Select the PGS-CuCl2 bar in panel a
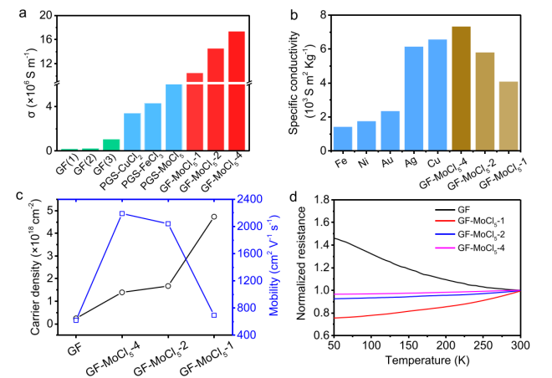tap(132, 132)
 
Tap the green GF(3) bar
tap(111, 145)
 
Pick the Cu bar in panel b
tap(437, 95)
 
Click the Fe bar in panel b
tap(343, 139)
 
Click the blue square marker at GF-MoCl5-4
tap(122, 213)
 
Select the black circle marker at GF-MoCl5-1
tap(214, 217)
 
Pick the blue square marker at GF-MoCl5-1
tap(214, 315)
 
